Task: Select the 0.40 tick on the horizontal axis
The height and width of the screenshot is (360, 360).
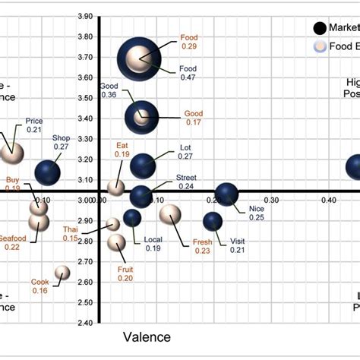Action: pos(328,200)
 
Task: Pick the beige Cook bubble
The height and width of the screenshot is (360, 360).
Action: pos(62,273)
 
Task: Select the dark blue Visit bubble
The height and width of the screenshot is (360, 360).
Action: pos(213,221)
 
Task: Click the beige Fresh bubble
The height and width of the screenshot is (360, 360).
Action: pos(170,214)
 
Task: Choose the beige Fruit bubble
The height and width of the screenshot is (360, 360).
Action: pos(116,242)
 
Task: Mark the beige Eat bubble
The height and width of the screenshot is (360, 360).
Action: pos(116,188)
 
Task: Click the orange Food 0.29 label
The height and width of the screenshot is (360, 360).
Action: pos(188,42)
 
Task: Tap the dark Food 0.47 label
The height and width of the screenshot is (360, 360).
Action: pos(188,72)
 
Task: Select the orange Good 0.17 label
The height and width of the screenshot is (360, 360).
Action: pos(194,118)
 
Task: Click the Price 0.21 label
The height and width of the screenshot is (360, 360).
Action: pos(34,125)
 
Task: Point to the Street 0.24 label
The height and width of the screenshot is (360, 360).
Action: pos(186,182)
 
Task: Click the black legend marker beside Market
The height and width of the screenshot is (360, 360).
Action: pos(321,28)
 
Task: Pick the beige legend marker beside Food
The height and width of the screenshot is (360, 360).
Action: pos(321,46)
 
